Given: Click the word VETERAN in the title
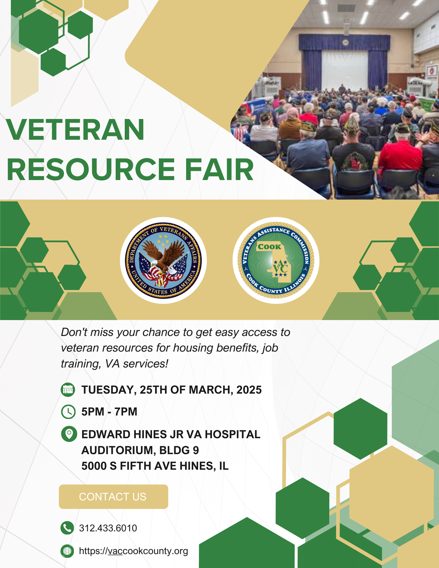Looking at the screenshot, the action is coord(75,130).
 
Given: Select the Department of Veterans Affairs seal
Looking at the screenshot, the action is coord(163,260).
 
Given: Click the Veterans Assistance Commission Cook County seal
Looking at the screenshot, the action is coord(276,260).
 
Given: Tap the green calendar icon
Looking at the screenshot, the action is coord(68,390).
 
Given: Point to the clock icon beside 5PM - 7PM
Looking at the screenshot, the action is coord(68,412).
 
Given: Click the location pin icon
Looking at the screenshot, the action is coord(69,434).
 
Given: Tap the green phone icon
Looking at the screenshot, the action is coord(67,528).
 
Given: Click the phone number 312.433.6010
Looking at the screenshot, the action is coord(108,528).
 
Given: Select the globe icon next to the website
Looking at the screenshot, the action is coord(67,551).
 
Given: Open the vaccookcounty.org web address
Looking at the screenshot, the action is coord(134,551).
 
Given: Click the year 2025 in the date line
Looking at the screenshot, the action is coord(249,390).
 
